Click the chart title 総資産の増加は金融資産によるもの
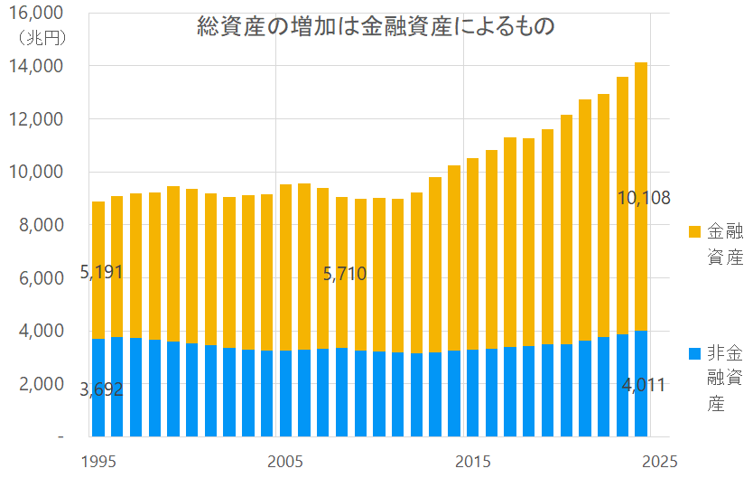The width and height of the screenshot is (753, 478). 375,27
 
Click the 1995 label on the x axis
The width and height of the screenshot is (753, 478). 98,461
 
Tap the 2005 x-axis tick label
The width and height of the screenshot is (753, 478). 285,461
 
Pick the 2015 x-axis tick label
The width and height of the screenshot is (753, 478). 472,461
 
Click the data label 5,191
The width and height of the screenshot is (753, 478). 101,271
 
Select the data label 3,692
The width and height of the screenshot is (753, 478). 101,390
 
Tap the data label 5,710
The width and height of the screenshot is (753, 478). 344,274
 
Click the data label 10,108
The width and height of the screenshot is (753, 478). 643,197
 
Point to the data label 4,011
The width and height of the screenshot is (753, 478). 643,386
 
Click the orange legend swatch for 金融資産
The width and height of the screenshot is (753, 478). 694,231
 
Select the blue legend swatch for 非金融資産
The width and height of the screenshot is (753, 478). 694,353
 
